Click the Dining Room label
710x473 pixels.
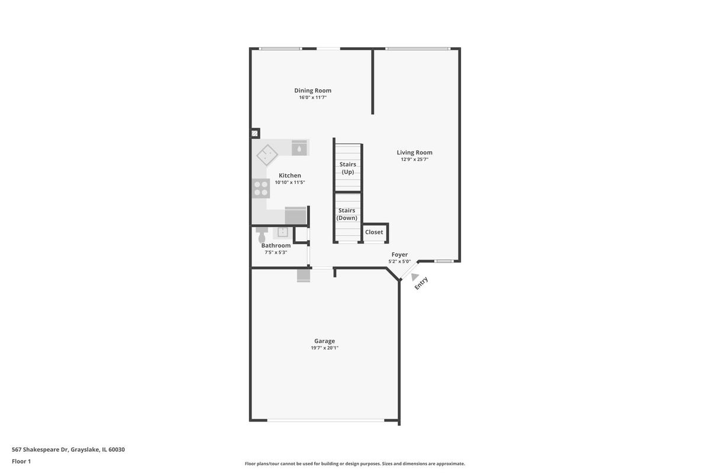[x=312, y=90]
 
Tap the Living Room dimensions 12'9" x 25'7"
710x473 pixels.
[x=414, y=160]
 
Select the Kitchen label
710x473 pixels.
[x=290, y=176]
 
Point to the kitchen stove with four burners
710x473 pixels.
[x=260, y=188]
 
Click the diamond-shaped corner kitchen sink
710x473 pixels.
[x=267, y=155]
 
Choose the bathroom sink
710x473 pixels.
[x=282, y=232]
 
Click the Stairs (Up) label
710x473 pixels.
[x=348, y=168]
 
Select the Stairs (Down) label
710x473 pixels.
[x=347, y=214]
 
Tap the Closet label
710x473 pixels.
[x=374, y=232]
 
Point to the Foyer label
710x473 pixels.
[x=399, y=254]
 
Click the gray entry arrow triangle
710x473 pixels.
[x=415, y=277]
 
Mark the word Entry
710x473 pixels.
[x=421, y=283]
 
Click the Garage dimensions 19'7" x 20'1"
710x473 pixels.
[x=325, y=348]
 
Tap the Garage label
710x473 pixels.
[x=325, y=341]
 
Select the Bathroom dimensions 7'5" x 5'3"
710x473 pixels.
[x=276, y=252]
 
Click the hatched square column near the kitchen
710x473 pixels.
[x=255, y=134]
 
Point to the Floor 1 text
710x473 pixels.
[x=21, y=461]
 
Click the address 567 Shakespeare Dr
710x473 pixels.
[x=40, y=449]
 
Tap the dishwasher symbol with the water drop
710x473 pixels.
[x=299, y=148]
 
